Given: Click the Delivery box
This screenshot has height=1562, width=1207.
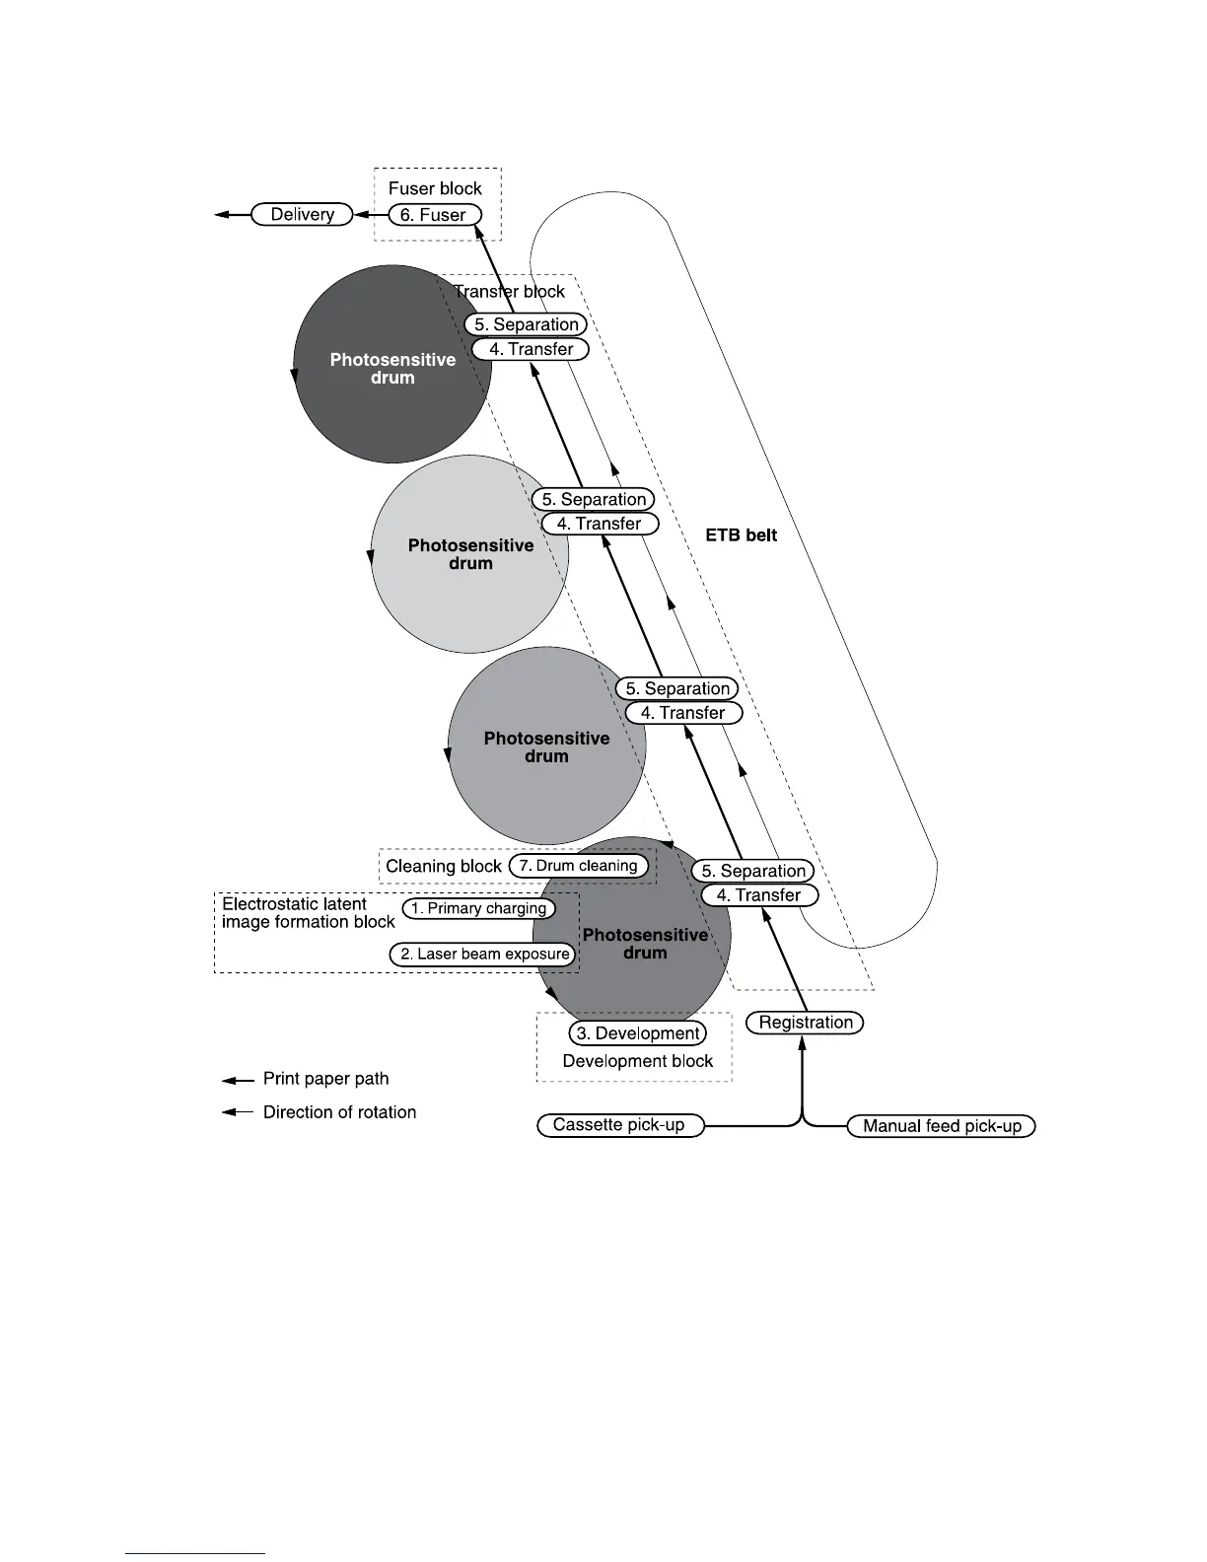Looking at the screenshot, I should tap(302, 214).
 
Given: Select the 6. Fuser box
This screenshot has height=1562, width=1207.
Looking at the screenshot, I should tap(434, 214).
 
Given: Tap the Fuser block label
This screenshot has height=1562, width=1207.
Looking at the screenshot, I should tap(435, 188).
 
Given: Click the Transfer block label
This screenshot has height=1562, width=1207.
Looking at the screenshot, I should tap(509, 291).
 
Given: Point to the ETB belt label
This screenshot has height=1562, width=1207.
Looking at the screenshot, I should tap(742, 535).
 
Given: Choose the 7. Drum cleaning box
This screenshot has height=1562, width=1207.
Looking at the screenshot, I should tap(579, 866).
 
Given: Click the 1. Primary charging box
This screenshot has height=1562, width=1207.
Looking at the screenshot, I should tap(479, 908).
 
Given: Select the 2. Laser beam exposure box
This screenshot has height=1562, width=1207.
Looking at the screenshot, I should tap(483, 954).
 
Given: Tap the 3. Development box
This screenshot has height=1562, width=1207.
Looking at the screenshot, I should tap(638, 1033).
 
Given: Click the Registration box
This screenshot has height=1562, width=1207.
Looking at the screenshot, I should tap(806, 1023).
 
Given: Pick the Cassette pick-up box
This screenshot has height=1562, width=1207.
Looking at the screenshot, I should tap(619, 1125).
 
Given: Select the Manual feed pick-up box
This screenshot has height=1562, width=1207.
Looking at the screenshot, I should tap(942, 1126).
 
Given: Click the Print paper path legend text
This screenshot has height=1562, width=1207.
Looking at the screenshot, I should tap(325, 1079).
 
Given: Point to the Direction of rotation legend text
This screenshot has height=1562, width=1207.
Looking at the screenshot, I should tap(339, 1112).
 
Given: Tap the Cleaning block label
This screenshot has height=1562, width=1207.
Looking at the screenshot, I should tap(444, 867).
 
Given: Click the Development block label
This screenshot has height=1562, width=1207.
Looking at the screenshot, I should tap(637, 1061).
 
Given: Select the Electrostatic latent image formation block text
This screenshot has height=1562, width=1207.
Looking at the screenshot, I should tap(308, 912).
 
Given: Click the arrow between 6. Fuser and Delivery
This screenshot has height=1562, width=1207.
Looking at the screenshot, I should tap(370, 214).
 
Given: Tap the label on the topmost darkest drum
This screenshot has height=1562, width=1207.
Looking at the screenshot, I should tap(392, 369).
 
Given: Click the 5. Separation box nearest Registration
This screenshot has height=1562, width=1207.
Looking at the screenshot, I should tap(753, 871).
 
